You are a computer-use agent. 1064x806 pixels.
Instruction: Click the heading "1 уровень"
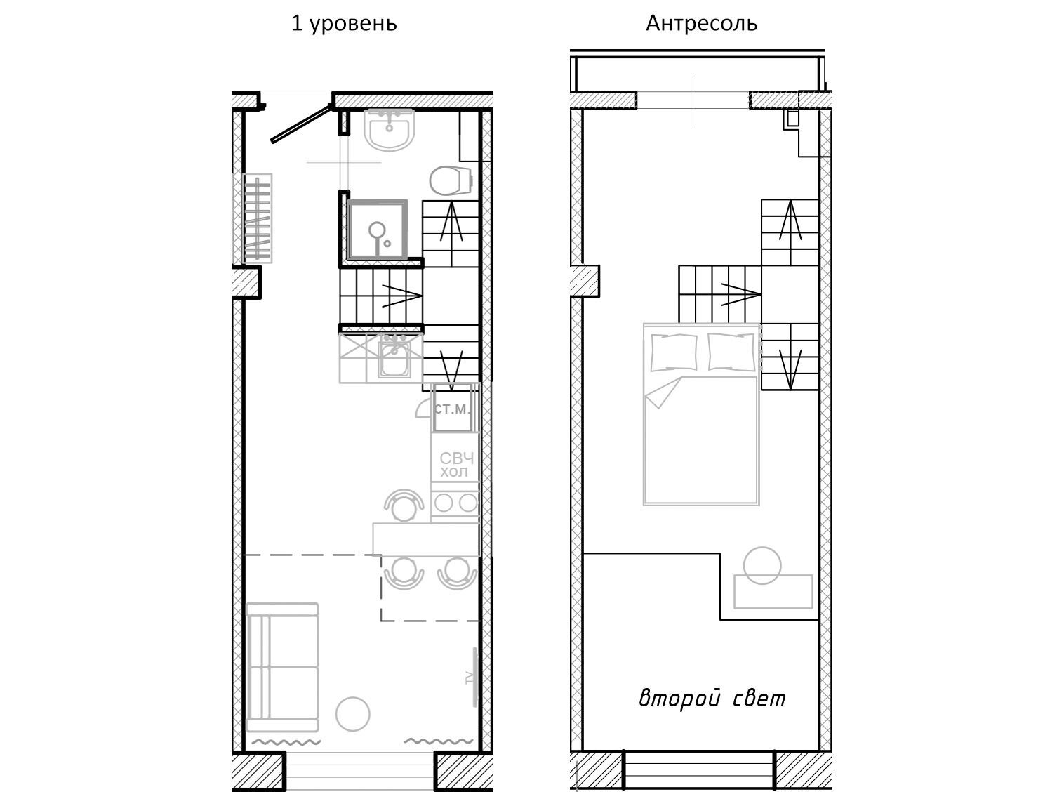[344, 24]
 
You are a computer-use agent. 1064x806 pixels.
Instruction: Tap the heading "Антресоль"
[701, 23]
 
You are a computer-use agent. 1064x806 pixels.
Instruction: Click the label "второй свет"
[712, 699]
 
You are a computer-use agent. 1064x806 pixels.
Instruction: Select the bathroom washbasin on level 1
[390, 128]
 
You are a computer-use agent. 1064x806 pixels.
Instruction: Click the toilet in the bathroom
[451, 180]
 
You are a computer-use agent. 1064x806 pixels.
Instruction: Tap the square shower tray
[377, 230]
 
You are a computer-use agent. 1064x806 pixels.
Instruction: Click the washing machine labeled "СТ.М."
[452, 409]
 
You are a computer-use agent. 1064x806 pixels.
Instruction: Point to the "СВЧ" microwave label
[456, 458]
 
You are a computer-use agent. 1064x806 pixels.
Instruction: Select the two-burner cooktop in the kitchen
[455, 503]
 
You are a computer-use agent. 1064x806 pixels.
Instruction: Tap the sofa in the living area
[283, 667]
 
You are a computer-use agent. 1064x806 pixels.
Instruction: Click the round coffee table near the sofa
[353, 714]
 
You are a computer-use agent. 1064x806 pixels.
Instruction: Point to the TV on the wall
[474, 677]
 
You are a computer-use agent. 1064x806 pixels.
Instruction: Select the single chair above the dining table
[404, 506]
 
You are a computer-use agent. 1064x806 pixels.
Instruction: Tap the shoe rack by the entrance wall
[257, 218]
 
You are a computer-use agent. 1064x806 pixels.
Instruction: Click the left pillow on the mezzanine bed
[674, 352]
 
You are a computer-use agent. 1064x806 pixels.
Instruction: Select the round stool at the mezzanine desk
[762, 565]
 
